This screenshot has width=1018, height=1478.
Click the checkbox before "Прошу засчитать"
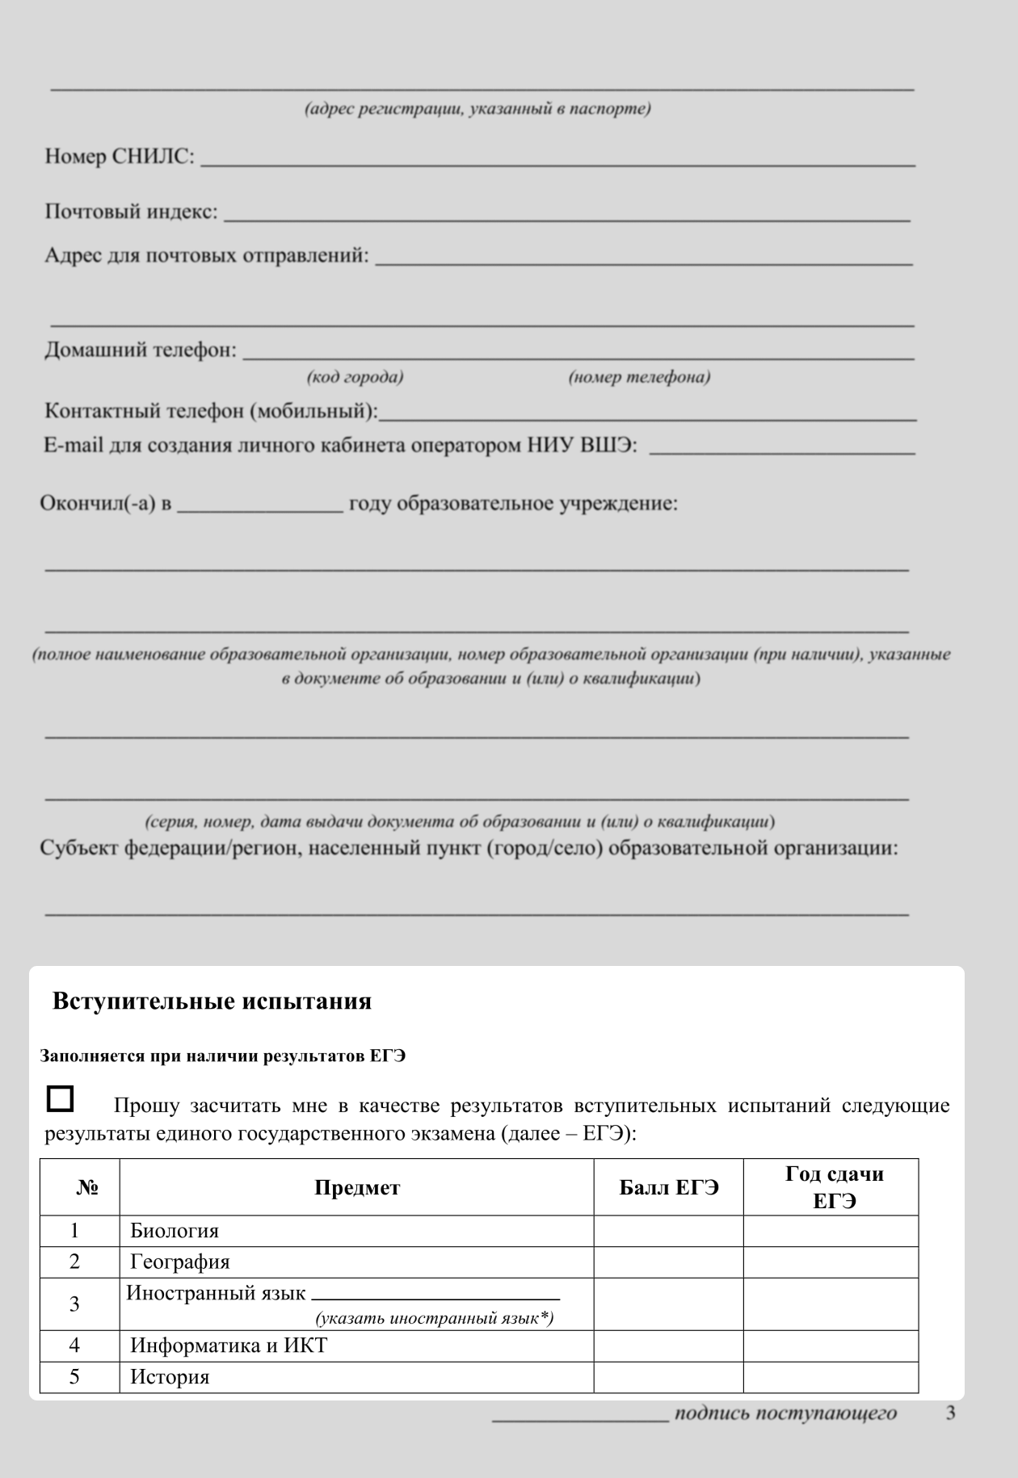point(60,1098)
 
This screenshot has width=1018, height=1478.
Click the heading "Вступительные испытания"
point(212,1001)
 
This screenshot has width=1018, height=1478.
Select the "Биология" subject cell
point(175,1231)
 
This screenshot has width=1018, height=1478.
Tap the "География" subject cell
point(179,1262)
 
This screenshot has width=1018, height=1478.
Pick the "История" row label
point(170,1377)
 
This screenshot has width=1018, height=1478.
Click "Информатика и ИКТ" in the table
point(229,1346)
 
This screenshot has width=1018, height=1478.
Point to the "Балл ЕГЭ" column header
point(668,1187)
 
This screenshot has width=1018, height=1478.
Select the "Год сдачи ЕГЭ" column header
point(833,1187)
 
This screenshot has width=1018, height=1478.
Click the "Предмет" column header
point(356,1187)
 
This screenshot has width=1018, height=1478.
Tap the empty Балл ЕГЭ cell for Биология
point(668,1231)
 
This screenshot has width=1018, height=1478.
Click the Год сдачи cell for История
point(831,1377)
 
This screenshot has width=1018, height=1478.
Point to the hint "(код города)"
point(355,377)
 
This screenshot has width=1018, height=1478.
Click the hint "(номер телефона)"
point(639,377)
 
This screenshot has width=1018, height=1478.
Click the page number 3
point(950,1413)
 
